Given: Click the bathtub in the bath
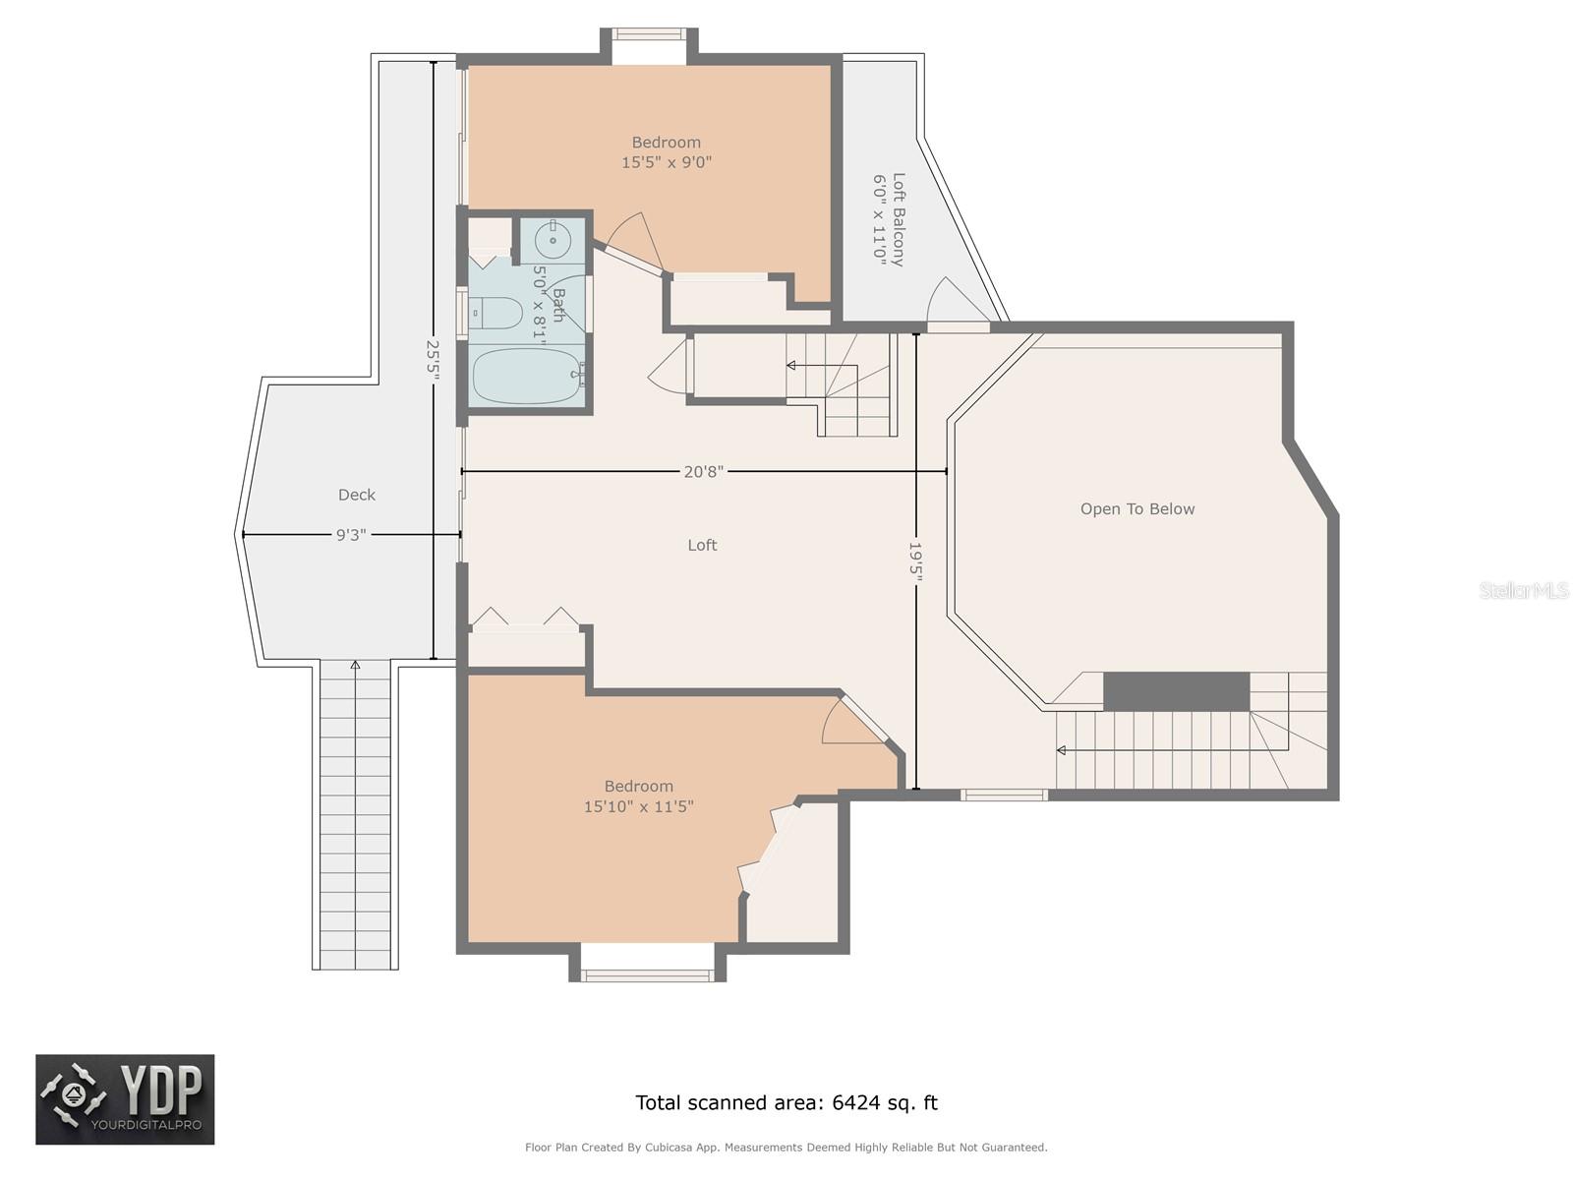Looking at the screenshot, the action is pos(527,375).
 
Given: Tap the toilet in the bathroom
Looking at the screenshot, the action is pos(497,313).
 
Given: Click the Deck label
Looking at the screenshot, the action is pos(356,495).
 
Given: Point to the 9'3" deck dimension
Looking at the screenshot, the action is pos(351,535).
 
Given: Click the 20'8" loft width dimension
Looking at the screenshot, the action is pos(703,471).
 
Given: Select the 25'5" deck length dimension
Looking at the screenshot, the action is pos(433,360).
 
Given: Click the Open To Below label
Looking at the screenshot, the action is pos(1137,508).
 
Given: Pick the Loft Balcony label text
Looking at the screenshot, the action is pos(899,219).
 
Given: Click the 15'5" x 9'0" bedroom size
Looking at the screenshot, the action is pos(666,162).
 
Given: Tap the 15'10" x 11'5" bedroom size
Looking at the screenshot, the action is pos(638,806).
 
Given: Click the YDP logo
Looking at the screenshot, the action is pos(125,1099).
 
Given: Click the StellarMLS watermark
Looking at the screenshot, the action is pos(1524,590).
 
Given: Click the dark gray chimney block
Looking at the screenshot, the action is pos(1176,691).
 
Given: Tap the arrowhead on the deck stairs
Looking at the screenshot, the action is pos(355,665).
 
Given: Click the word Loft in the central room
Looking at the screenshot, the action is pos(702,545).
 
